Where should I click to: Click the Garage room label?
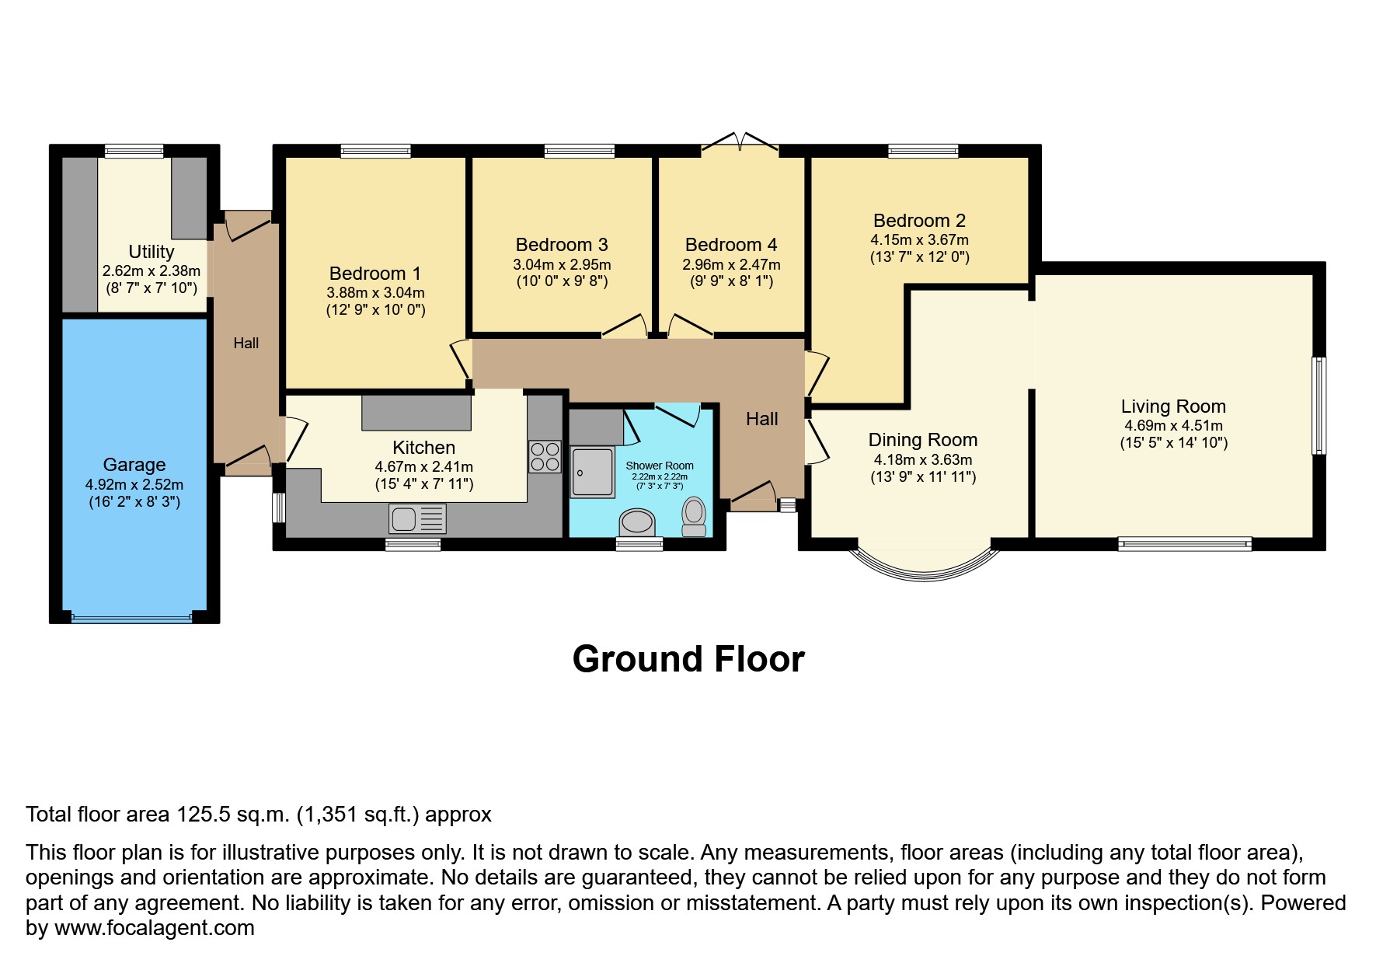point(134,465)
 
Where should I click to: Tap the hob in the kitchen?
point(545,456)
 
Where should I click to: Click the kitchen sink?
point(418,518)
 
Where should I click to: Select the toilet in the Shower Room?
point(693,516)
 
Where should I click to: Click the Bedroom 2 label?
point(919,221)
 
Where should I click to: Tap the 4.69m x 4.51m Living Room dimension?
point(1173,426)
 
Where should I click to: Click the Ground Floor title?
point(688,659)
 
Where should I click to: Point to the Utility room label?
point(151,252)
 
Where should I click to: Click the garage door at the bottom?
point(131,618)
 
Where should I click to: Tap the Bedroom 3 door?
point(626,326)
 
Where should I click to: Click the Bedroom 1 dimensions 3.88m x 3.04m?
point(375,293)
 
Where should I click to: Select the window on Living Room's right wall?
point(1319,405)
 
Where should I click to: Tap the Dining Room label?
point(922,441)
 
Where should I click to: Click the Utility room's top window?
point(134,151)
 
